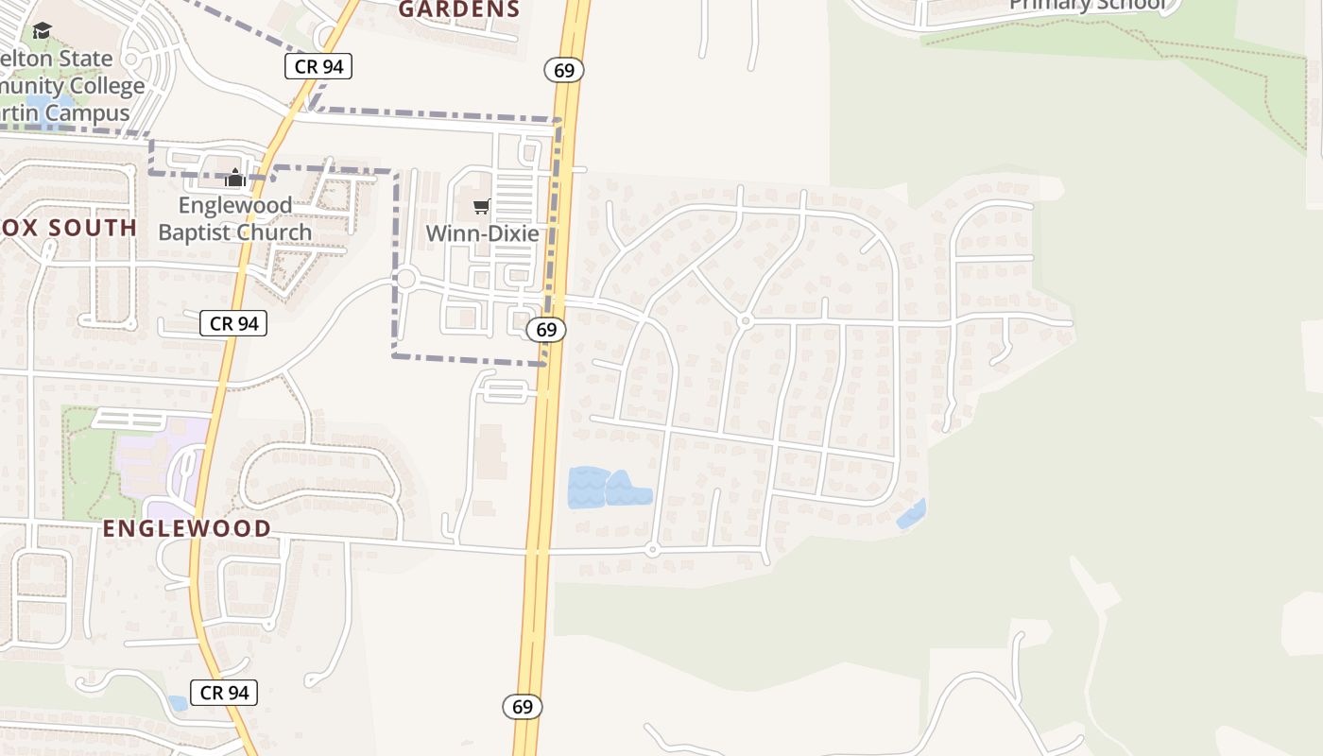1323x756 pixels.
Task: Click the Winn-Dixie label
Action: (x=482, y=233)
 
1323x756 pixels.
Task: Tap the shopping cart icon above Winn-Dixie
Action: (x=482, y=206)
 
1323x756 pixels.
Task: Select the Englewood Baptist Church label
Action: (x=234, y=218)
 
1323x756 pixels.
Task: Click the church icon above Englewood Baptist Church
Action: (x=235, y=177)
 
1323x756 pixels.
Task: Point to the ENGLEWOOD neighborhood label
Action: (x=187, y=528)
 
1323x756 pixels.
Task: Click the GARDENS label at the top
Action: (x=458, y=9)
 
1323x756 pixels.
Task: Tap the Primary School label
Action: (x=1087, y=5)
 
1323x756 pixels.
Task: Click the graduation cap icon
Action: (x=42, y=31)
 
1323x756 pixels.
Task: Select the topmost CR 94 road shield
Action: (x=318, y=66)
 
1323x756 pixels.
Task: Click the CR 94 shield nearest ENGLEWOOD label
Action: (x=233, y=323)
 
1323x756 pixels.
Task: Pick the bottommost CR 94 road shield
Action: (x=224, y=693)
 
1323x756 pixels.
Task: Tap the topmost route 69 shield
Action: (x=564, y=70)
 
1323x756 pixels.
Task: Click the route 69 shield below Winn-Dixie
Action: (x=546, y=329)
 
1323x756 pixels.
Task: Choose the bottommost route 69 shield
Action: (x=523, y=706)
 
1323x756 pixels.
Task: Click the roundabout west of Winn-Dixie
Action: (x=406, y=279)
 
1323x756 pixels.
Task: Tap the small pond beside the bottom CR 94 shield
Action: (x=178, y=703)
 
